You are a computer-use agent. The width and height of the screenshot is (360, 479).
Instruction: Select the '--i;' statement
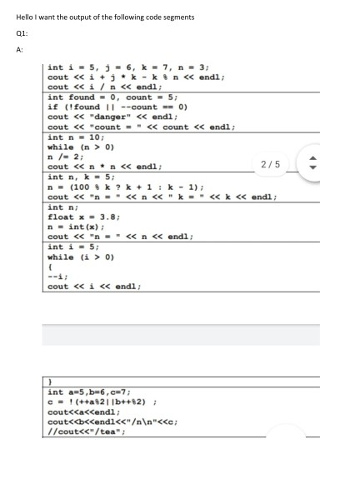57,277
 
